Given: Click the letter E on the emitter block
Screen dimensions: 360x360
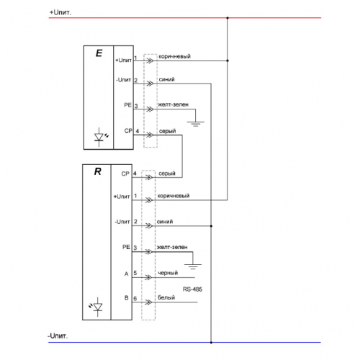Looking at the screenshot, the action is [99, 53].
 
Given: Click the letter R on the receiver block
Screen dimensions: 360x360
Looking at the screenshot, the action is [98, 171].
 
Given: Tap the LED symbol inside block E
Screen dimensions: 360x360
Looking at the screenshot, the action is [100, 137].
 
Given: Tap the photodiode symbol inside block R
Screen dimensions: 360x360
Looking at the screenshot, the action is [96, 307].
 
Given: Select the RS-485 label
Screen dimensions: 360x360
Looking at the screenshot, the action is [192, 289].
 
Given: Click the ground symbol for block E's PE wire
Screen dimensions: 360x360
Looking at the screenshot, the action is [196, 124].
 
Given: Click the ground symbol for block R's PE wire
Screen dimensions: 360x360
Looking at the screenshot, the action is [193, 266].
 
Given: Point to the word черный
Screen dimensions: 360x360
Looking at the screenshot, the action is [168, 273].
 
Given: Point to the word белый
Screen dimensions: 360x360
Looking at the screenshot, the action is [166, 297].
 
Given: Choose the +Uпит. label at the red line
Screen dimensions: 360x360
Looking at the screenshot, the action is [60, 12].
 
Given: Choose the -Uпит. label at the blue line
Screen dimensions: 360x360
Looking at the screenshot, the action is [58, 336].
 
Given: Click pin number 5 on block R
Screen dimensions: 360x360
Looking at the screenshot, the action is [135, 273].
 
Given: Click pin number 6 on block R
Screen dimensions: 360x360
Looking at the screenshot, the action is [135, 299].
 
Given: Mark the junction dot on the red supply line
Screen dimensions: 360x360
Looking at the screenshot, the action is [228, 18].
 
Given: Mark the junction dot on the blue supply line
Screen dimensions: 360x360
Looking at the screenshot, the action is [211, 343].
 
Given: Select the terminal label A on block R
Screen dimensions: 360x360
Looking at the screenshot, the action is [127, 274].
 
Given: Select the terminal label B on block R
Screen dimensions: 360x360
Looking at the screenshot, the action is [127, 298].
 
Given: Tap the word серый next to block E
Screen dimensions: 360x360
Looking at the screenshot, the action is [167, 131].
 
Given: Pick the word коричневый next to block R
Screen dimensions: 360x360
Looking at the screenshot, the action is [174, 196].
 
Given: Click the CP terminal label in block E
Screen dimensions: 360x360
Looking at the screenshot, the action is [128, 131].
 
